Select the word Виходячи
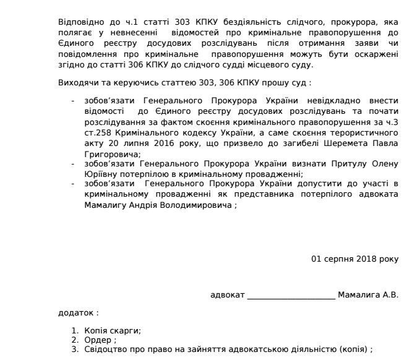tap(76, 82)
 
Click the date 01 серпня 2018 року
tap(355, 259)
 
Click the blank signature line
tap(291, 295)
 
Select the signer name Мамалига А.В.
tap(368, 294)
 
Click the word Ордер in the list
tap(98, 340)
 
